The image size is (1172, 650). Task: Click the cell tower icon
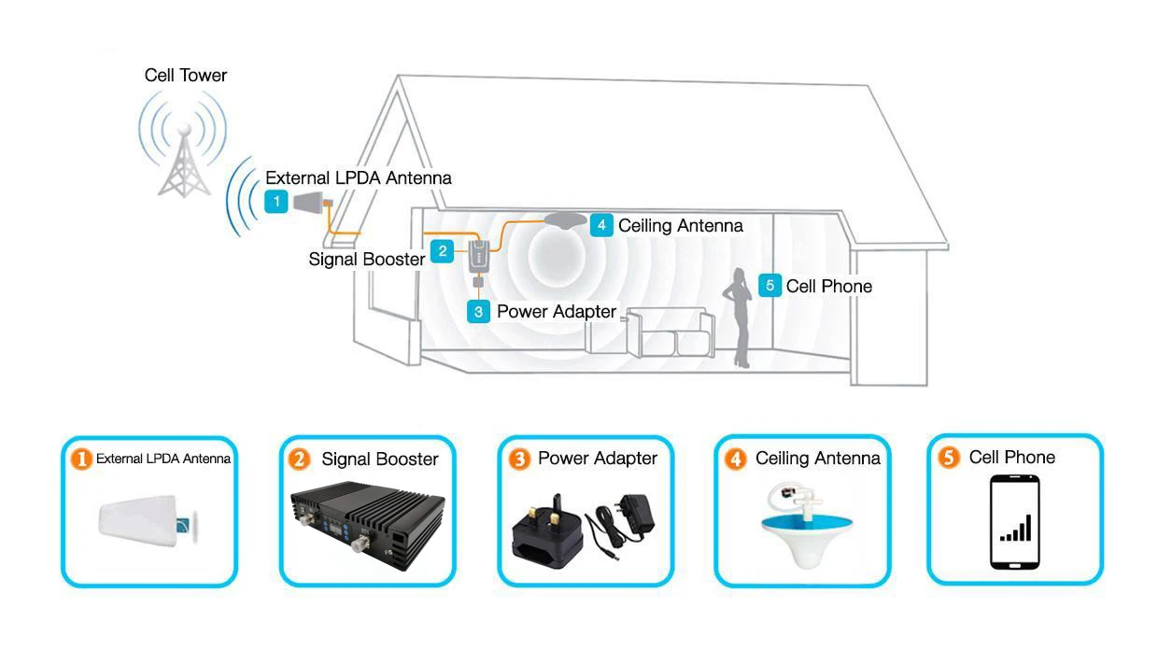[x=184, y=145]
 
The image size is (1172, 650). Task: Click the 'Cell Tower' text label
[x=186, y=76]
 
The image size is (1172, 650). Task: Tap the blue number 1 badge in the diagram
[x=276, y=202]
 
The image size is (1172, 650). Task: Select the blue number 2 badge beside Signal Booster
[x=442, y=251]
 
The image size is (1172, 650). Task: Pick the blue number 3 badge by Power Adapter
[x=478, y=312]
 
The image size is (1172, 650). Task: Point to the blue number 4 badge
[x=601, y=225]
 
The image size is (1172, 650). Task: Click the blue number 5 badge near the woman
[x=770, y=286]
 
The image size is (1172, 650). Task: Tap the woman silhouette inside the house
[x=739, y=318]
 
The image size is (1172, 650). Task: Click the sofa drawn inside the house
[x=671, y=332]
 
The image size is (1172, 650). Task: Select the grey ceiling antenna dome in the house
[x=565, y=219]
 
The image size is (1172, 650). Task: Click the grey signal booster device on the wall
[x=479, y=257]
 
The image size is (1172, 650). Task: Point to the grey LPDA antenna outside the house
[x=312, y=202]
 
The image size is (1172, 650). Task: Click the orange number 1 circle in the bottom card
[x=81, y=459]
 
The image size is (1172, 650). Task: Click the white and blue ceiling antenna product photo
[x=806, y=525]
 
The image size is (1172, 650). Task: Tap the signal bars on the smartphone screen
[x=1015, y=528]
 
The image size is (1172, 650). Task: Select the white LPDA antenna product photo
[x=148, y=521]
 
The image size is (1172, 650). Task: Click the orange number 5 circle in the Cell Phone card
[x=949, y=458]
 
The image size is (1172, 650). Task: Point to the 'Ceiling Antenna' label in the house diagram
[x=681, y=226]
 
